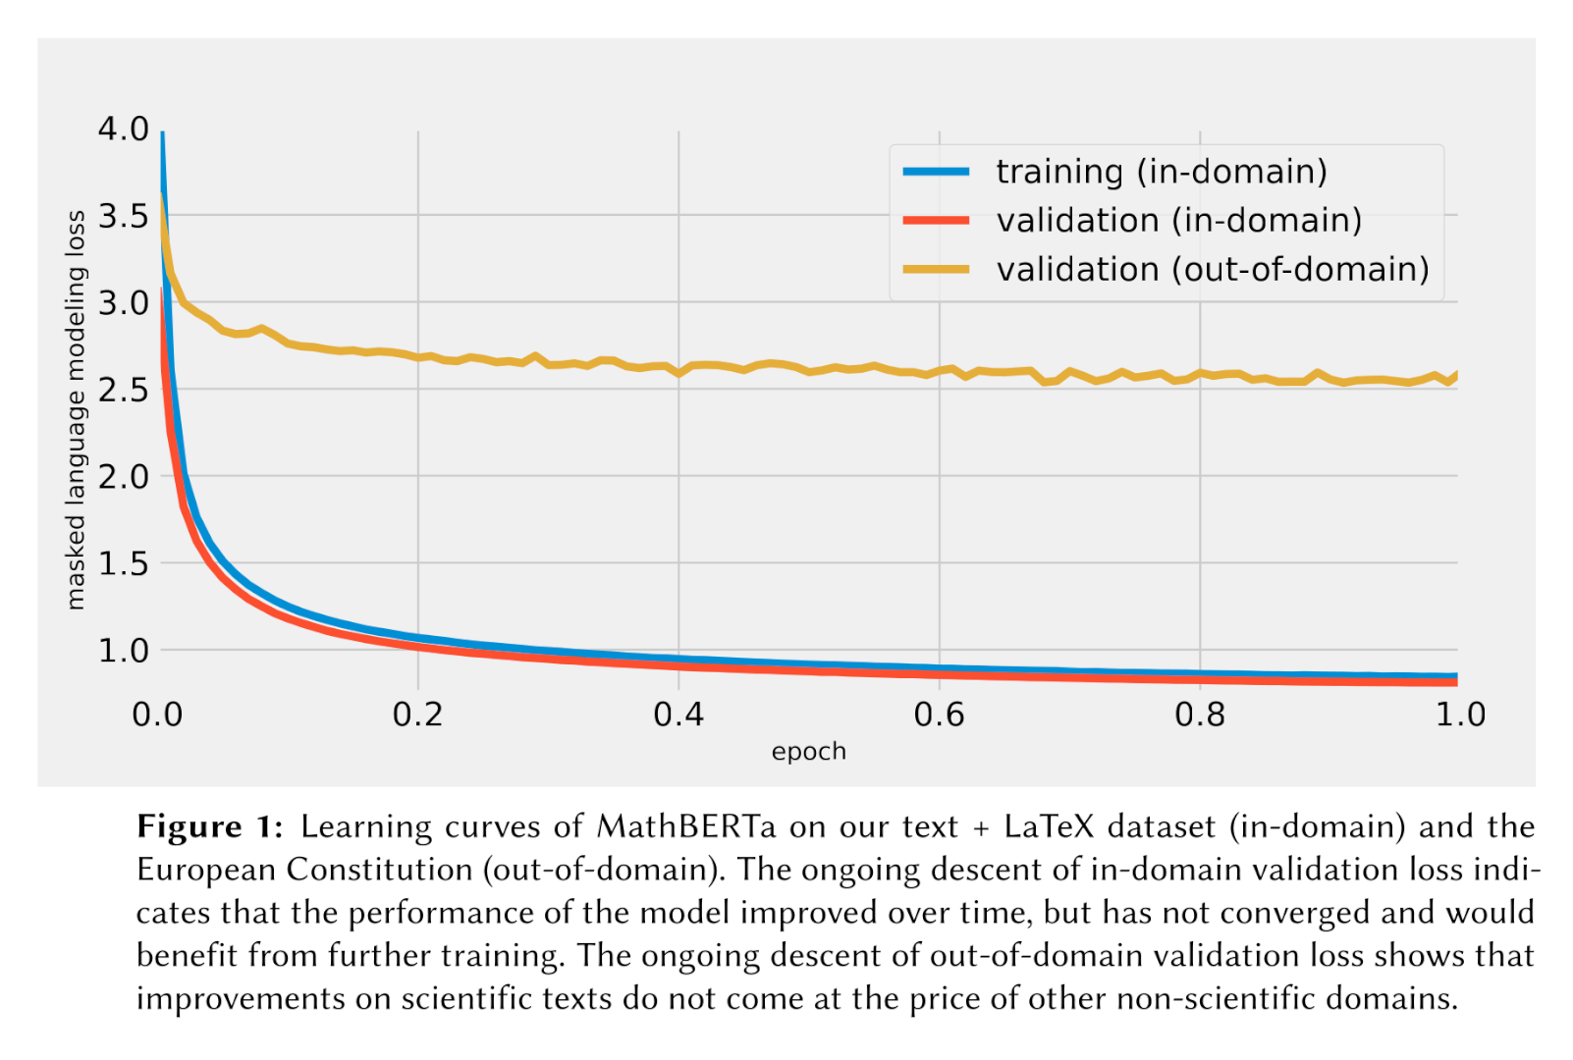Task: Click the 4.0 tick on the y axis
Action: click(123, 129)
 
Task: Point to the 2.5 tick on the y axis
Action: click(123, 390)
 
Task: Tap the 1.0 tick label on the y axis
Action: click(123, 650)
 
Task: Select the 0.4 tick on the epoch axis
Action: click(678, 715)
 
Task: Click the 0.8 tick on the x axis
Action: click(1200, 715)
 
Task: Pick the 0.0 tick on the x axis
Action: click(157, 715)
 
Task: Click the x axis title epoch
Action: click(808, 752)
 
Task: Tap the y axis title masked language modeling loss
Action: click(76, 409)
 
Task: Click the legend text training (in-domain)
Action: click(1161, 172)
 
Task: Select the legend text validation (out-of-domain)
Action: click(1212, 269)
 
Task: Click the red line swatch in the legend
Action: click(936, 221)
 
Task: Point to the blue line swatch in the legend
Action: click(936, 172)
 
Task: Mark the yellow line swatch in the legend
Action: click(936, 269)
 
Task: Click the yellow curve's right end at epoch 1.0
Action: click(1456, 375)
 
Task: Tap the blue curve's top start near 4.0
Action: click(162, 134)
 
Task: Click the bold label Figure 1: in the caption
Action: click(209, 826)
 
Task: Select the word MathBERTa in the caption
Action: click(685, 826)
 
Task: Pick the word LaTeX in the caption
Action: click(1048, 826)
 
